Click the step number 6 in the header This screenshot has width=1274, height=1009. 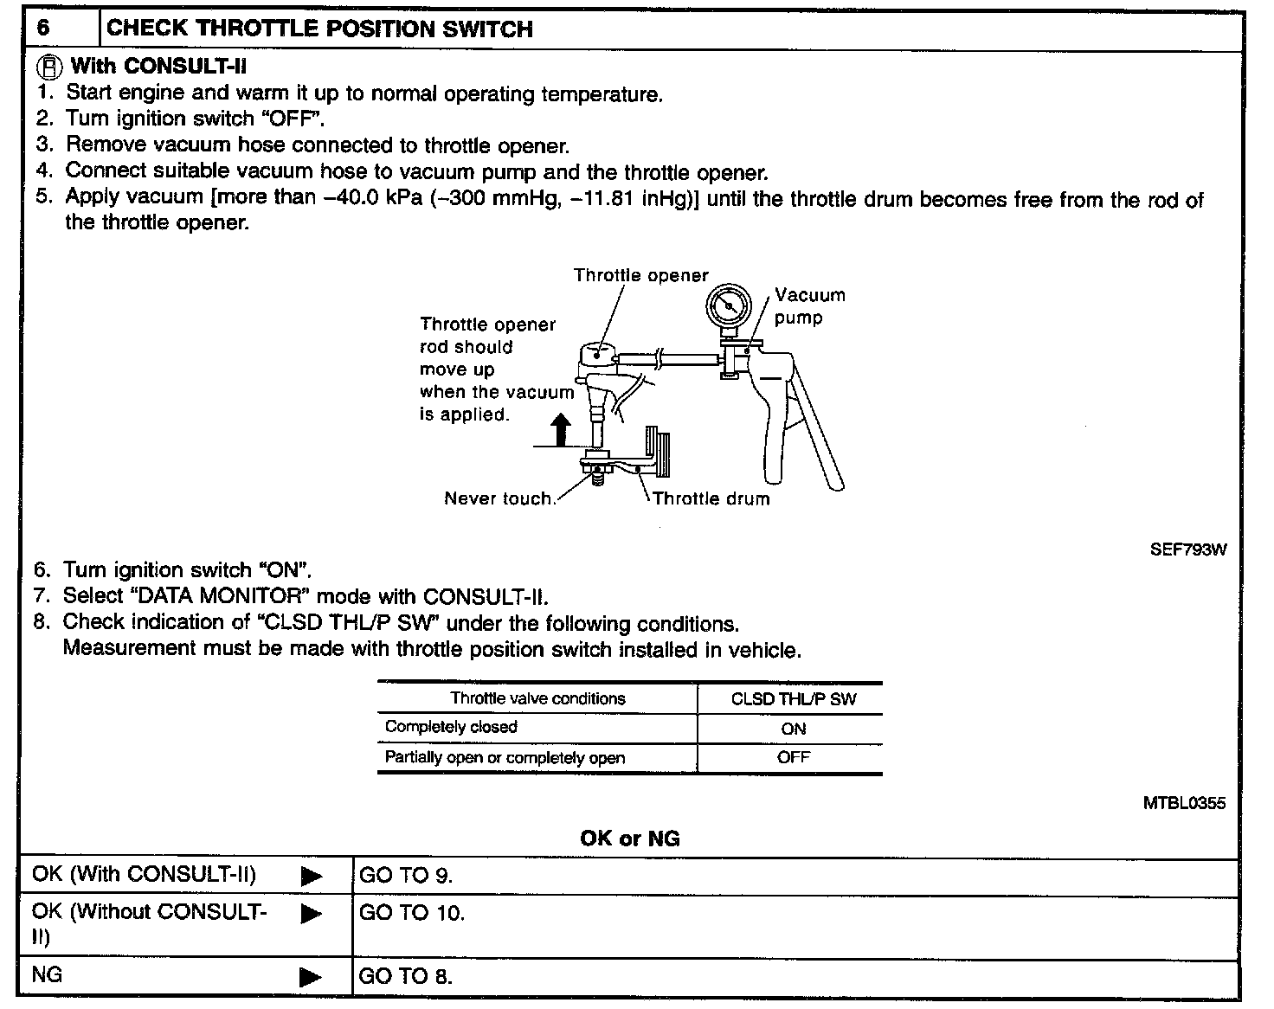tap(43, 28)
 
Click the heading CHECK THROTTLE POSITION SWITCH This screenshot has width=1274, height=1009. tap(318, 29)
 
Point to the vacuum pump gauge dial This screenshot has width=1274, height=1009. tap(727, 307)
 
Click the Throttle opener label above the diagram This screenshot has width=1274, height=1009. tap(640, 276)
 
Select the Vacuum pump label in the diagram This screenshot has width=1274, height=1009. tap(808, 306)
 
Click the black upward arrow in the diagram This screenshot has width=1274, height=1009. tap(562, 429)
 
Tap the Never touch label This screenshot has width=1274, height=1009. tap(498, 498)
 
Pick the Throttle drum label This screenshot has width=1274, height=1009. tap(711, 498)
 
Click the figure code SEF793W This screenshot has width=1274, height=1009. tap(1187, 549)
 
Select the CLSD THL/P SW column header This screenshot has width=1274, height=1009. tap(793, 699)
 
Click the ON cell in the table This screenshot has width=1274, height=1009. tap(793, 729)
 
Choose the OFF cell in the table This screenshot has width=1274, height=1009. tap(793, 757)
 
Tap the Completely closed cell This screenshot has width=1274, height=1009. tap(451, 727)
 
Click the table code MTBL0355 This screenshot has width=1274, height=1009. tap(1184, 803)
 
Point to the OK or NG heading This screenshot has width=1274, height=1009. tap(629, 839)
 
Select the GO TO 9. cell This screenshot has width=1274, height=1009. tap(405, 876)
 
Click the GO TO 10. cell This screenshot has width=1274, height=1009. tap(411, 913)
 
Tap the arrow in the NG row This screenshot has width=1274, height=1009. tap(311, 977)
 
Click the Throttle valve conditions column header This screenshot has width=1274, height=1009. tap(537, 699)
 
